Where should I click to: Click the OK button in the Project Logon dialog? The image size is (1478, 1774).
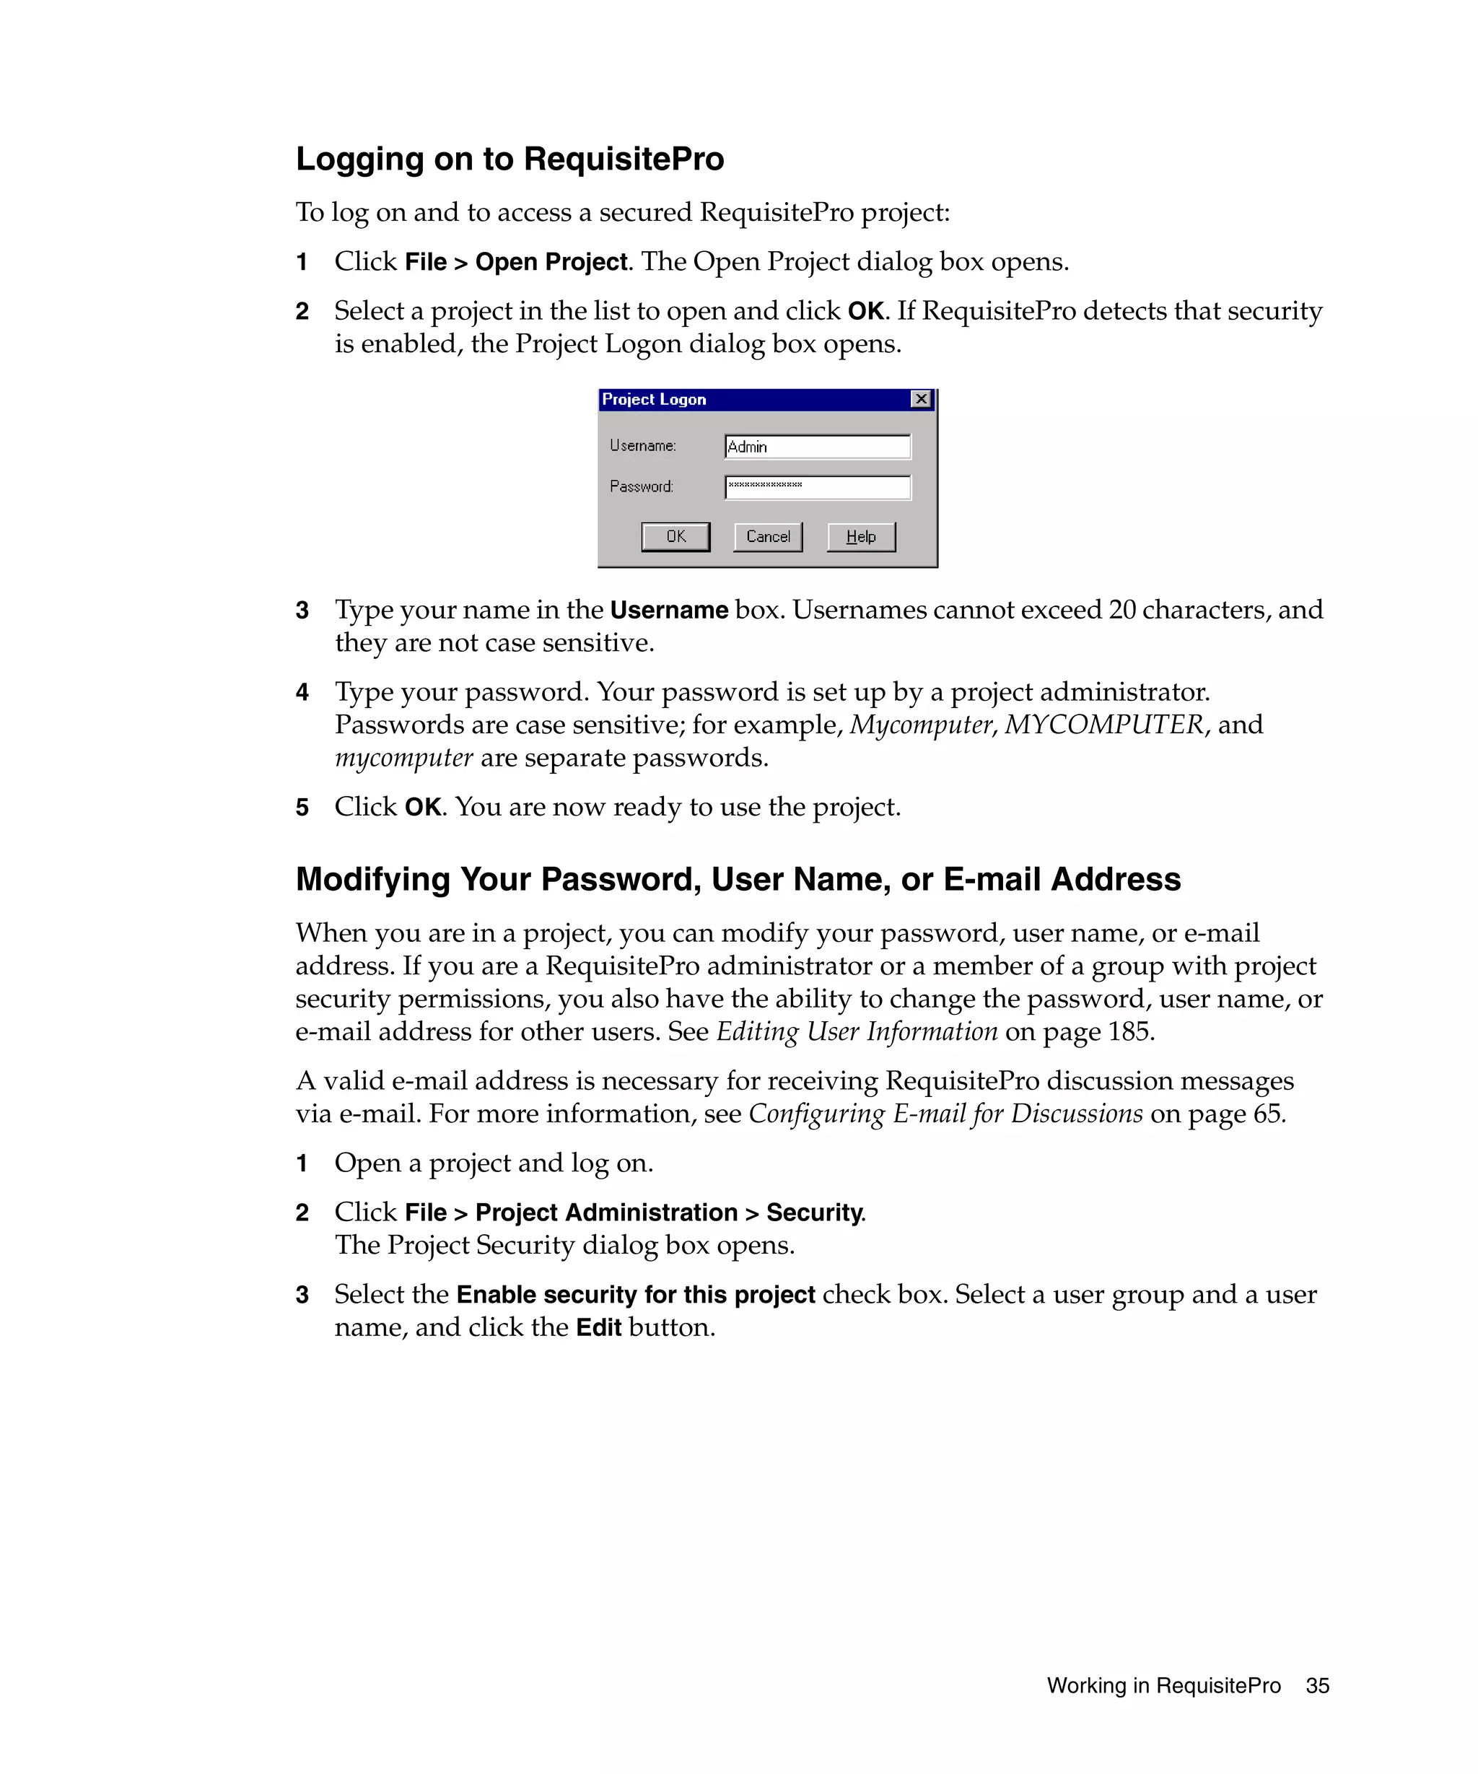(675, 536)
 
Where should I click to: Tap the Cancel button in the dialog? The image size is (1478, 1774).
(767, 536)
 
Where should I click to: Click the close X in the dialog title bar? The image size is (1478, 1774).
(921, 398)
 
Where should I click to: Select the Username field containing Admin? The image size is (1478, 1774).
(817, 447)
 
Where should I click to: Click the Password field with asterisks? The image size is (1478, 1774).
(817, 486)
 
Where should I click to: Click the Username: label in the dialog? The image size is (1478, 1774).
(643, 445)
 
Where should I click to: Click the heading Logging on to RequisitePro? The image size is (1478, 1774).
(510, 159)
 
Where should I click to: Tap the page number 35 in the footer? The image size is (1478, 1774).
(1316, 1685)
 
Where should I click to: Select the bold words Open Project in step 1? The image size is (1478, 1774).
(551, 262)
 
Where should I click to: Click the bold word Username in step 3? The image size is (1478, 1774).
(669, 610)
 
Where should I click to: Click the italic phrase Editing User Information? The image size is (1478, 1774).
(857, 1031)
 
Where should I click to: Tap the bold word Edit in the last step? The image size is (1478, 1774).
(598, 1327)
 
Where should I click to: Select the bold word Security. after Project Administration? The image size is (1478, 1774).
(815, 1212)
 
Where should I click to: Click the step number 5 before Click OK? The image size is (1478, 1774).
(302, 808)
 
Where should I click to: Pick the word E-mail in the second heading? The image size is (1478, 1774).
(992, 879)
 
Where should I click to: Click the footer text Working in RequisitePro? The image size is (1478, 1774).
(1163, 1685)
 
